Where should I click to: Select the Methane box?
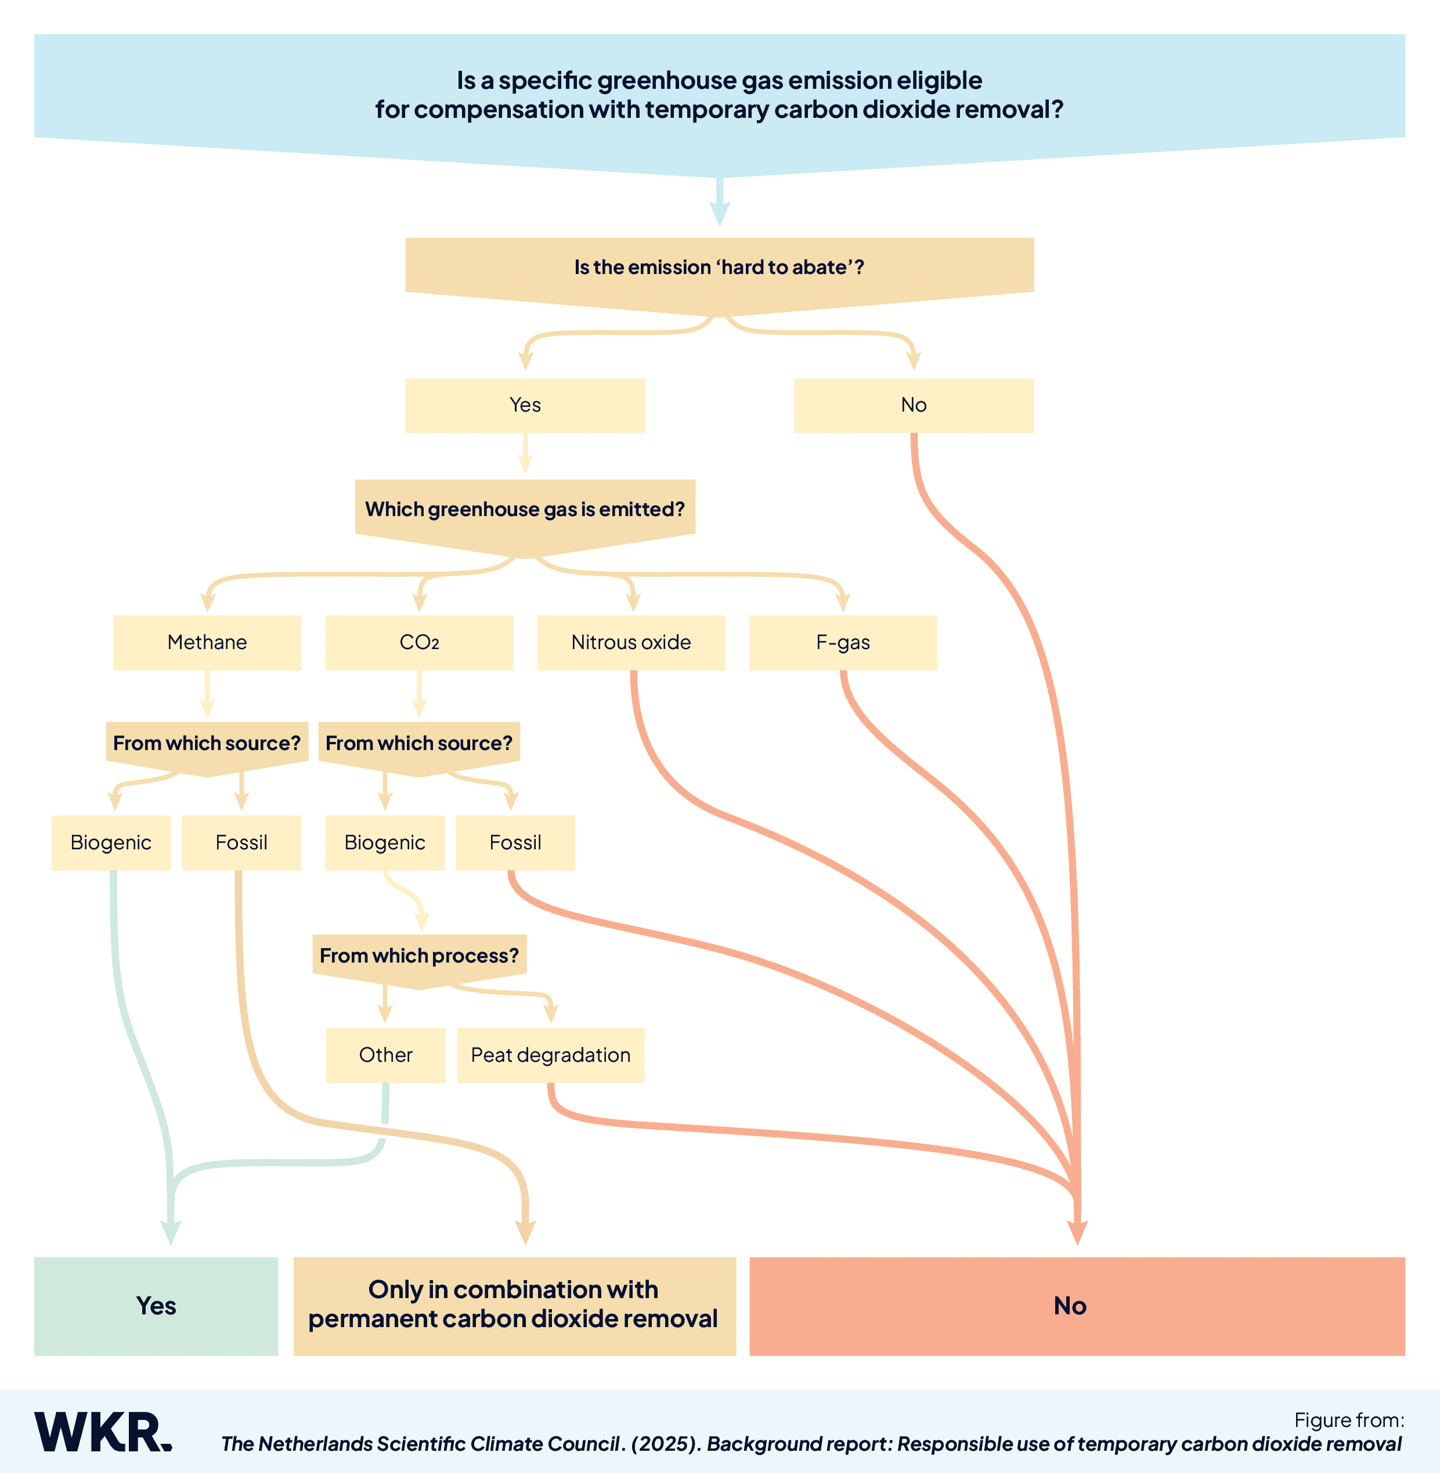point(207,642)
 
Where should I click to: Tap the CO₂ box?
point(419,642)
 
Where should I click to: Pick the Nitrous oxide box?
point(631,642)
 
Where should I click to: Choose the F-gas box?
point(843,642)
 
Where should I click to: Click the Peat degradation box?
point(551,1055)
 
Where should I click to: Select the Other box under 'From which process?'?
point(386,1055)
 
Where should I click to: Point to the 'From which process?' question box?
point(419,956)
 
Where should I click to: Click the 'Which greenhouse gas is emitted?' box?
point(525,509)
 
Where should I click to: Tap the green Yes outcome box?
point(156,1306)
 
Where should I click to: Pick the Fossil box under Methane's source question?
point(241,842)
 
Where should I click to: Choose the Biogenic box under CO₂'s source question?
point(385,842)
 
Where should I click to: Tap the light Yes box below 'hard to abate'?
point(525,405)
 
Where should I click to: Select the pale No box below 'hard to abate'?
point(914,405)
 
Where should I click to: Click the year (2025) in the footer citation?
point(666,1444)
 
